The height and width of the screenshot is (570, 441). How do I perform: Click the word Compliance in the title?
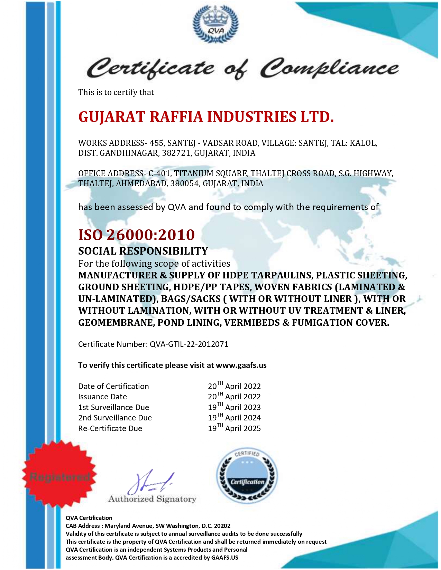329,68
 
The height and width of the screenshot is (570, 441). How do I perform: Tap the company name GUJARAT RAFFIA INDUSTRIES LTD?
206,117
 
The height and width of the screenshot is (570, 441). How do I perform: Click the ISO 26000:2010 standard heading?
137,235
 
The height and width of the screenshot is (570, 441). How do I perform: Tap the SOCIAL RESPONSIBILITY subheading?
143,251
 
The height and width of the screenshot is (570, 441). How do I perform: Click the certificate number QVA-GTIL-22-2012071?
189,344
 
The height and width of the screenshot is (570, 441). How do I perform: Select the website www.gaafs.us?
241,365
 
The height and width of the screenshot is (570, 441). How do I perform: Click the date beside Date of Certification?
234,386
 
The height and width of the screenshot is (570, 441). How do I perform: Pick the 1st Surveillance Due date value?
234,407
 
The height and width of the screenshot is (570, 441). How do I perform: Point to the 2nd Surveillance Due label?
115,418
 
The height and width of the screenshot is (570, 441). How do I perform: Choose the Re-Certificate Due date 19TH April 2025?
234,428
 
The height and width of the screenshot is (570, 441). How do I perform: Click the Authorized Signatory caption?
152,499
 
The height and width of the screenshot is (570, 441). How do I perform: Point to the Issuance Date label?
102,397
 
